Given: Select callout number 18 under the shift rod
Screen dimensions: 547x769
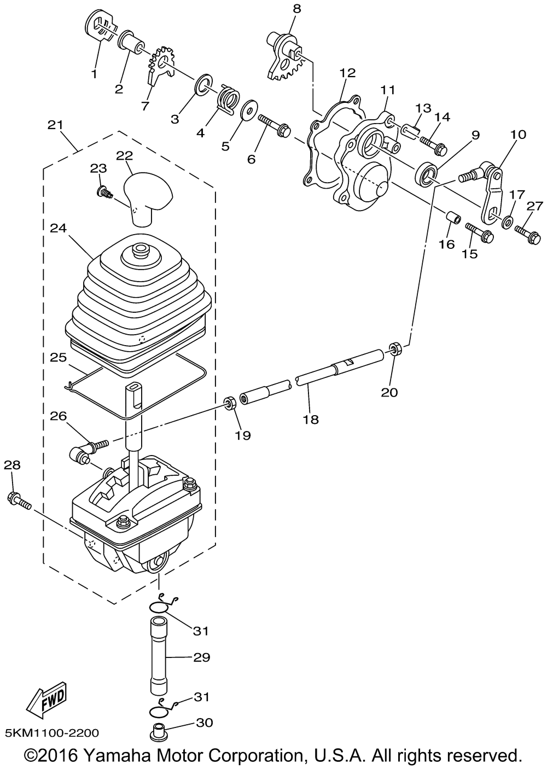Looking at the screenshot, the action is pos(310,420).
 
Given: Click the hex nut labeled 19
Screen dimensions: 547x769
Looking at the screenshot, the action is pos(229,403).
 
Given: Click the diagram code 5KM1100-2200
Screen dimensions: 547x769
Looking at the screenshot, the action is pos(52,733).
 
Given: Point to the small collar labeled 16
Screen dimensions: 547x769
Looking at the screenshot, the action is pos(453,219).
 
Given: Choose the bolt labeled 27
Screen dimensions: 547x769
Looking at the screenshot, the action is pos(528,234).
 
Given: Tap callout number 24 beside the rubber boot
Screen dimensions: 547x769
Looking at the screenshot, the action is pos(59,229).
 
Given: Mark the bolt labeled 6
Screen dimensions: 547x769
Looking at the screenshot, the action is pos(275,126).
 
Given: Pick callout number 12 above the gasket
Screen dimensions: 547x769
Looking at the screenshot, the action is pos(347,73).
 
